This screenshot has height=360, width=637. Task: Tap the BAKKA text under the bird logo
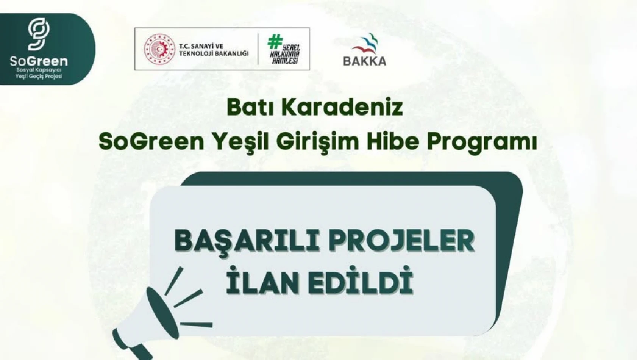364,61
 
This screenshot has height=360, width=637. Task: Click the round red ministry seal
159,49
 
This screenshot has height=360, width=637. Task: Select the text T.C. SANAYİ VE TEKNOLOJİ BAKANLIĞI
214,50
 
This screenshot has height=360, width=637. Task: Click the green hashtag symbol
275,41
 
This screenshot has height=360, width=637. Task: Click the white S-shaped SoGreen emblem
39,34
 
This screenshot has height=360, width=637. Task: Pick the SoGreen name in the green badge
39,61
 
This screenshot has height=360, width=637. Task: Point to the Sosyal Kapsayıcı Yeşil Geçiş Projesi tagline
39,73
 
